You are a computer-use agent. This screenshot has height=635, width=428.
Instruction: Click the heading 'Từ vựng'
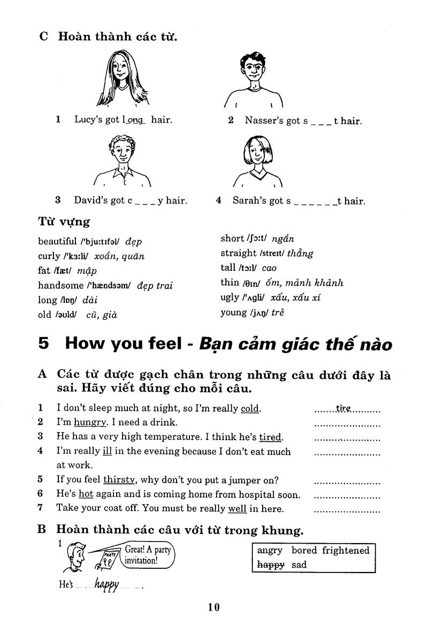pos(64,221)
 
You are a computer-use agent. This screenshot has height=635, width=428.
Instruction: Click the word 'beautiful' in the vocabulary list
pos(57,241)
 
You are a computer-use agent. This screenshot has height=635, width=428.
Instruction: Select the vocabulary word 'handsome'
pos(61,285)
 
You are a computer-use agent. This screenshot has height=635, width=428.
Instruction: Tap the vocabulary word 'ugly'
pos(230,297)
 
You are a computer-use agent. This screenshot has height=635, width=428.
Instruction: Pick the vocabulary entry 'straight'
pos(239,253)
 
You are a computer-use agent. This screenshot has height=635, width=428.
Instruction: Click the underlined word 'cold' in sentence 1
pos(250,409)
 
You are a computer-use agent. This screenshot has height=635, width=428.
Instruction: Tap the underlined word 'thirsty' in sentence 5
pos(119,480)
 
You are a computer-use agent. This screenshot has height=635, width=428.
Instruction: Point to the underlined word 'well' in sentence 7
pos(237,508)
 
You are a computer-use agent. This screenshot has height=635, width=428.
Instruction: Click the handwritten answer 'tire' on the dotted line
pos(343,409)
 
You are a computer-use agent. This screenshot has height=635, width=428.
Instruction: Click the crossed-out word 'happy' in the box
pos(270,564)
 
